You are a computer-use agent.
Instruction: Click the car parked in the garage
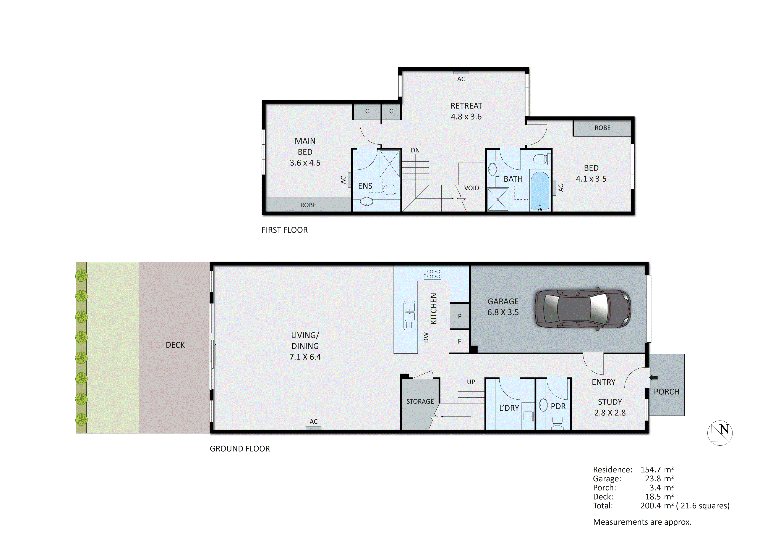pos(583,309)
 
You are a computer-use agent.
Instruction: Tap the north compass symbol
pos(720,433)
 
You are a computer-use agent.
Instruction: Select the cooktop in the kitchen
pos(432,274)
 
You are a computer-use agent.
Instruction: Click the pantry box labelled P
pos(459,316)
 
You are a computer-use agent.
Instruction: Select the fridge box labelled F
pos(459,341)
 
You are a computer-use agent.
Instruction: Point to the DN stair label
pos(415,150)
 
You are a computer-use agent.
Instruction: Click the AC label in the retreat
pos(461,79)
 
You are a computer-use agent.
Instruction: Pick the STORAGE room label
pos(420,401)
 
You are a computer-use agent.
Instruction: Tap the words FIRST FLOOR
pos(284,230)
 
